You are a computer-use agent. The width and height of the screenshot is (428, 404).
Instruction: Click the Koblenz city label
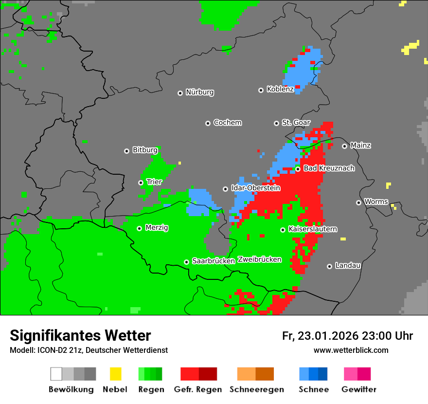pos(280,90)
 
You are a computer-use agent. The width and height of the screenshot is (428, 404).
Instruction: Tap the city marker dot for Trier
pos(141,183)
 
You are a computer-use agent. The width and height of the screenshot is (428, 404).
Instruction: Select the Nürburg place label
pos(199,92)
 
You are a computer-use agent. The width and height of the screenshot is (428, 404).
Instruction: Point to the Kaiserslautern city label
pos(313,229)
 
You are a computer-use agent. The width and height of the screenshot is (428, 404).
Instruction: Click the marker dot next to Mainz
pos(344,146)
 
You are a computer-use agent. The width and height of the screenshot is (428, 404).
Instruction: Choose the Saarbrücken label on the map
pos(214,261)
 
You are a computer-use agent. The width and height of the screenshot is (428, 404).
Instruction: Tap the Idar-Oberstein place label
pos(255,188)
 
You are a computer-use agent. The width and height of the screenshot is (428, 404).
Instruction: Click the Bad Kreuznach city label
pos(329,168)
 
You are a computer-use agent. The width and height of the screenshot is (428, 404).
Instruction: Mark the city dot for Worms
pos(358,202)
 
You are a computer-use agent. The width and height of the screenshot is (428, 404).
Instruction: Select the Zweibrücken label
pos(260,260)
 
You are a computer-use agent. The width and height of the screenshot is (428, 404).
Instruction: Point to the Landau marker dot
pos(329,266)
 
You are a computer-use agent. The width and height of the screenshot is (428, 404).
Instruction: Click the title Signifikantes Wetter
pos(80,335)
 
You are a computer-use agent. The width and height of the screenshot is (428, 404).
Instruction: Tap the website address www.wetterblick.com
pos(351,350)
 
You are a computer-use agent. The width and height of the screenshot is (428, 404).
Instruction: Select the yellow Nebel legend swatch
pos(115,374)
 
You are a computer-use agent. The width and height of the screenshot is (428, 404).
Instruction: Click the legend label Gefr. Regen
pos(198,389)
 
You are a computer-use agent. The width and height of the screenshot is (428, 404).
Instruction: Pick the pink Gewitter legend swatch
pos(350,374)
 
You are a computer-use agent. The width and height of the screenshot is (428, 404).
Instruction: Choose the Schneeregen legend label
pos(257,389)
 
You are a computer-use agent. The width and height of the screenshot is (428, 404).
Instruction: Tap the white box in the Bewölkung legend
pos(56,374)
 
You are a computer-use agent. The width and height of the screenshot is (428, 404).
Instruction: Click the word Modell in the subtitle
pos(21,350)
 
